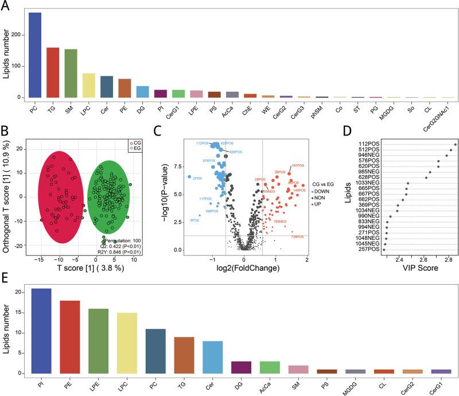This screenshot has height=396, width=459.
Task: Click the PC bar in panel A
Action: [x=34, y=55]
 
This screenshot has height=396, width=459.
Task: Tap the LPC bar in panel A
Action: [x=88, y=86]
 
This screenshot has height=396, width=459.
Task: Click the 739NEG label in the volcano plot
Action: [x=297, y=237]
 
